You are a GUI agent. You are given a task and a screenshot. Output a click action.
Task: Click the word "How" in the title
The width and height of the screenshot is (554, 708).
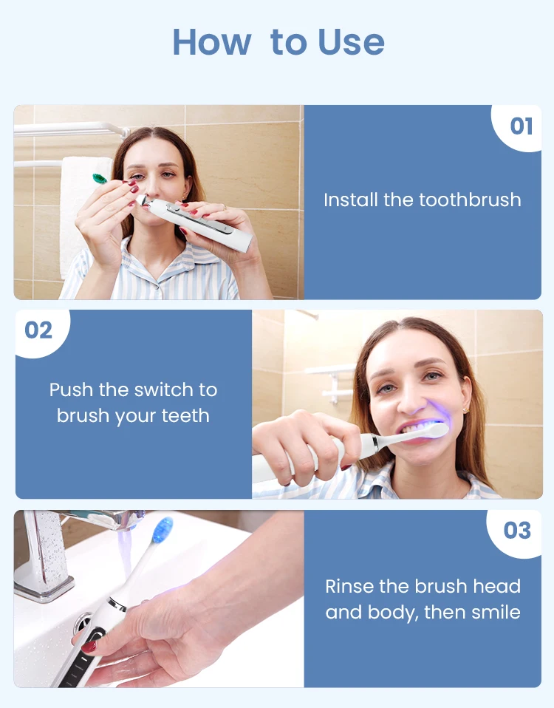coord(211,42)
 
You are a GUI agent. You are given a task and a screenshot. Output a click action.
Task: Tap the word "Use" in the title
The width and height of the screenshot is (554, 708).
coord(351,42)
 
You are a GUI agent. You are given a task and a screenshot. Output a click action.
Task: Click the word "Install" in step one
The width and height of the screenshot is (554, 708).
coord(350,200)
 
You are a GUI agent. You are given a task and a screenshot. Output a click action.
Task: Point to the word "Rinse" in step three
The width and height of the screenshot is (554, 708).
coord(351,586)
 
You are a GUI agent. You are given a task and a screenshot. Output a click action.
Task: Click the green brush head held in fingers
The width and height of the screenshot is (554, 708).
coord(99,178)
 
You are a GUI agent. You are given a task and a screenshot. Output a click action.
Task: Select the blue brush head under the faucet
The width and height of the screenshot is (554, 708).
coord(163,530)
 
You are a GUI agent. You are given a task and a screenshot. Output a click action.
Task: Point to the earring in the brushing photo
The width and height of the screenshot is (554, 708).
coord(466,410)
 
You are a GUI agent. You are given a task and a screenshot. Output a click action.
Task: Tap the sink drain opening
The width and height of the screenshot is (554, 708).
coord(83,622)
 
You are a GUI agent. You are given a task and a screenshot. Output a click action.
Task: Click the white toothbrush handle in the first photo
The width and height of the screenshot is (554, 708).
coord(199,222)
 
